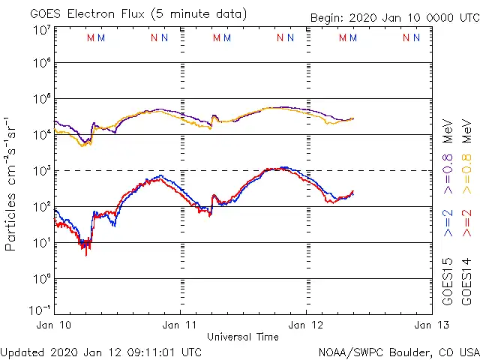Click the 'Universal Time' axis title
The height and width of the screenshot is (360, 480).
click(x=243, y=337)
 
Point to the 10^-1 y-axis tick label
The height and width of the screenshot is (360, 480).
click(x=40, y=310)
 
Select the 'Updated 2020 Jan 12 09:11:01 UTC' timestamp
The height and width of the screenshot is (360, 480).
click(x=101, y=351)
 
